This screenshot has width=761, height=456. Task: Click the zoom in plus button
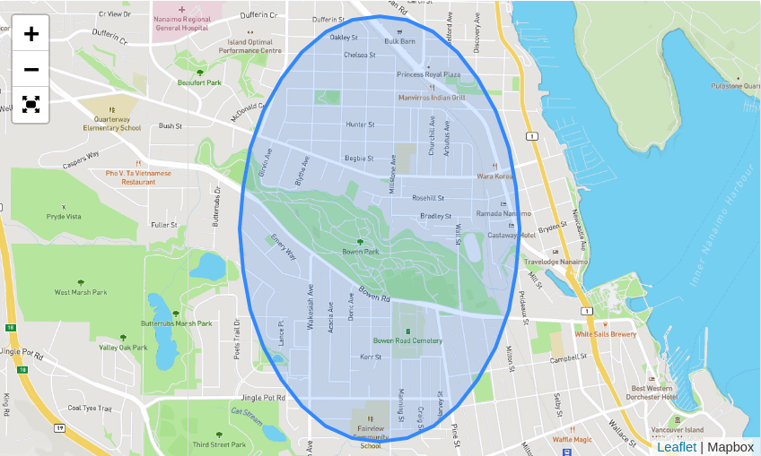[31, 34]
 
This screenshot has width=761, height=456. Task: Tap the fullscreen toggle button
[31, 105]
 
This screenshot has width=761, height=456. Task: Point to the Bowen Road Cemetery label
[407, 340]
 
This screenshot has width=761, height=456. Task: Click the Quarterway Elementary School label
[112, 123]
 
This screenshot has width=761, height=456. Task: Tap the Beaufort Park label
[199, 82]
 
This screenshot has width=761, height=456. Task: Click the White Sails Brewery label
[605, 334]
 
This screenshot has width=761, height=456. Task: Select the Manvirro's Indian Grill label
[432, 97]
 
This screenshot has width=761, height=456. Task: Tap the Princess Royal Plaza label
[429, 74]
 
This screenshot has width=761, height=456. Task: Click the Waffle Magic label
[571, 439]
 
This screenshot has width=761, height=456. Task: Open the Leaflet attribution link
[676, 446]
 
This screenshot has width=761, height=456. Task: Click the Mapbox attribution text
[730, 446]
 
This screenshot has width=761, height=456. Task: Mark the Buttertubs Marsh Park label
[176, 323]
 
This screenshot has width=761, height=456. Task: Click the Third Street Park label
[218, 444]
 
